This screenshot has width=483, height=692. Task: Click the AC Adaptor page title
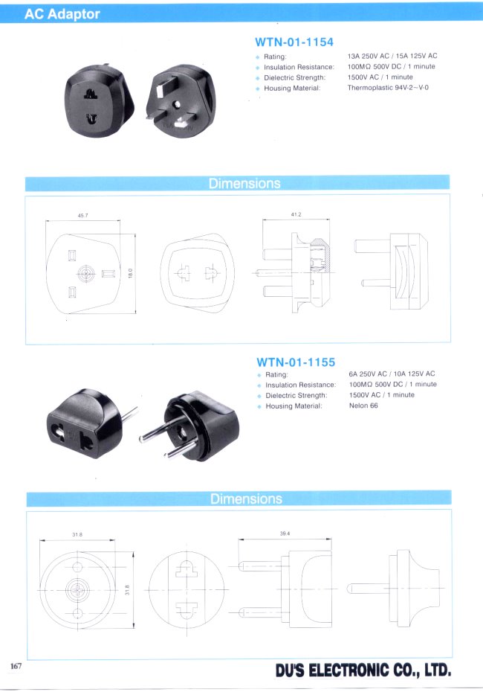point(62,14)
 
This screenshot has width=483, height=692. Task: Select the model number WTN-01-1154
point(294,42)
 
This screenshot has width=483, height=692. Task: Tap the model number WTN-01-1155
point(296,362)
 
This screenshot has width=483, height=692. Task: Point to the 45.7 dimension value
point(82,216)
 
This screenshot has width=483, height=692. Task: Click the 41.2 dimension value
point(296,214)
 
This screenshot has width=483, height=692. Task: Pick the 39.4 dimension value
point(285,534)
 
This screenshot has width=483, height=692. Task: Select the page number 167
point(16,666)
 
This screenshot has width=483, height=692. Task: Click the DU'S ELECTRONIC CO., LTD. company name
point(363,671)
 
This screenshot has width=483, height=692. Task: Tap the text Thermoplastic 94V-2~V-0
point(388,88)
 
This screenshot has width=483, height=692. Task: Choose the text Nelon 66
point(363,406)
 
